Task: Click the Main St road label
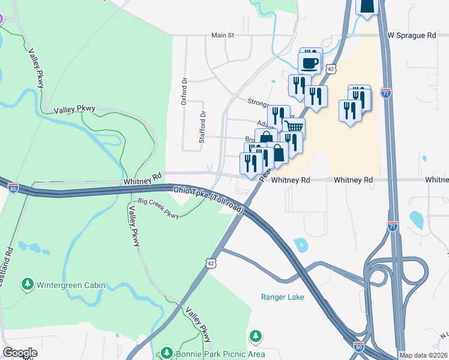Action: coord(222,36)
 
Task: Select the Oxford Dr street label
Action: coord(184,91)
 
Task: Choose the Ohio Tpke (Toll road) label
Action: coord(209,199)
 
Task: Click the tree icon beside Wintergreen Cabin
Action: coord(27,283)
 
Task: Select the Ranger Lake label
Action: coord(282,297)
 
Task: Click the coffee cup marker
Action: coord(310,62)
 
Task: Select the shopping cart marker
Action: coord(294,127)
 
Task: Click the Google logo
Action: coord(20,353)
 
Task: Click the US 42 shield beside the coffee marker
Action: coord(331,70)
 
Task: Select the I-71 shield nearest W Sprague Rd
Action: coord(386,94)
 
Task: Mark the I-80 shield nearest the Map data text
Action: coord(358,347)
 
